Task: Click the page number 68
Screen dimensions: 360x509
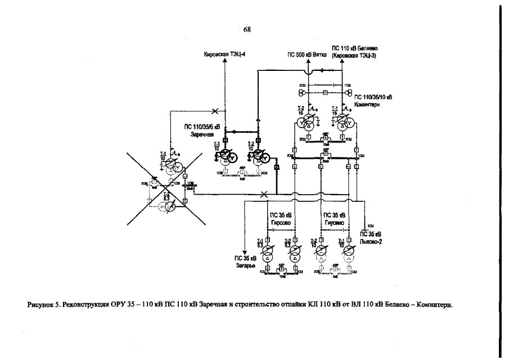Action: (247, 29)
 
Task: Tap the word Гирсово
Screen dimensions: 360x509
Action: (280, 222)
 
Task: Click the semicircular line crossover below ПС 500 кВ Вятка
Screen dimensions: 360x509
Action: (308, 71)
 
